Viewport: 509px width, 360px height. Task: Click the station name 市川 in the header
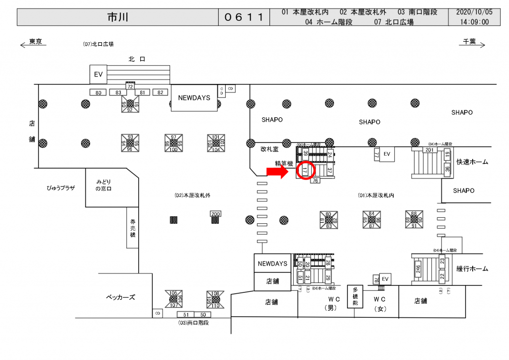pyautogui.click(x=118, y=17)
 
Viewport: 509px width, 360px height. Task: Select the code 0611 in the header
pyautogui.click(x=244, y=17)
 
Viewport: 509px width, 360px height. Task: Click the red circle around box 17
pyautogui.click(x=306, y=170)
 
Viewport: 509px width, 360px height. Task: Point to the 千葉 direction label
pyautogui.click(x=469, y=42)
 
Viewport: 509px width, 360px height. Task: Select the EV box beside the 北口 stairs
pyautogui.click(x=98, y=75)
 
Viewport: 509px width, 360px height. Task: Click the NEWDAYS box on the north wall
pyautogui.click(x=194, y=98)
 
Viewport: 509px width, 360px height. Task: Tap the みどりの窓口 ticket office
pyautogui.click(x=104, y=185)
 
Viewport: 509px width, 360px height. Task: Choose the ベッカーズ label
pyautogui.click(x=121, y=297)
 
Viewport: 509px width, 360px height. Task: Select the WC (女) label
pyautogui.click(x=380, y=303)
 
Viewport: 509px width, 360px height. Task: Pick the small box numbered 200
pyautogui.click(x=215, y=214)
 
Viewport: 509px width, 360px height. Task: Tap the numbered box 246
pyautogui.click(x=418, y=269)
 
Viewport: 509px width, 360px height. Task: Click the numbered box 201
pyautogui.click(x=429, y=150)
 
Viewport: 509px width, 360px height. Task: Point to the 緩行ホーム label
pyautogui.click(x=472, y=269)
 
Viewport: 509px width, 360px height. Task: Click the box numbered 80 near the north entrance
pyautogui.click(x=98, y=92)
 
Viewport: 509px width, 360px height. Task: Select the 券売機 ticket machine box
pyautogui.click(x=133, y=228)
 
